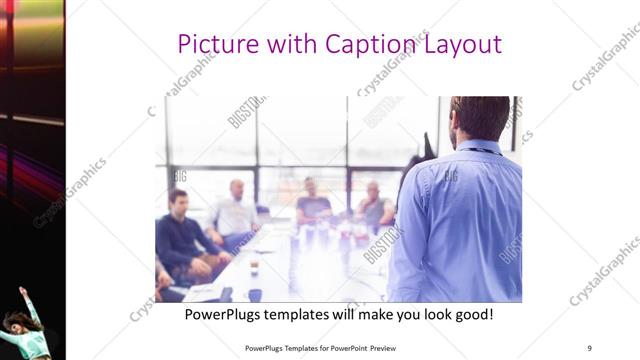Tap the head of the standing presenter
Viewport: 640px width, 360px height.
tap(480, 118)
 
